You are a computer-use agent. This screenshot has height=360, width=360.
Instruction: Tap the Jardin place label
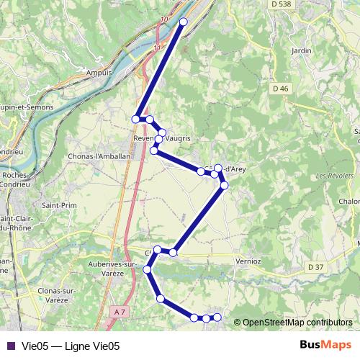coord(301,51)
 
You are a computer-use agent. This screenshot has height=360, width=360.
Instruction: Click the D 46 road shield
coord(280,88)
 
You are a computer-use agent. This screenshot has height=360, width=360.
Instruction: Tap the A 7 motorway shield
coord(120,311)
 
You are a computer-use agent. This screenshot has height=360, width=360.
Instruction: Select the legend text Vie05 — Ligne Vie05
coord(70,346)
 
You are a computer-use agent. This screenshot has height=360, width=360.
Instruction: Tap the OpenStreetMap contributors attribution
coord(297,323)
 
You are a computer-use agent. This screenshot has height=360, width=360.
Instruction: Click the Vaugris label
coord(177,138)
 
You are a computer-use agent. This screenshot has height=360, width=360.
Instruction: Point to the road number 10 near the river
coord(165,19)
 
